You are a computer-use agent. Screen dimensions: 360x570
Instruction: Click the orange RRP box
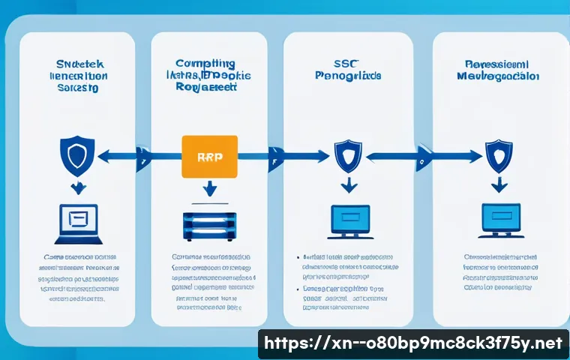point(209,157)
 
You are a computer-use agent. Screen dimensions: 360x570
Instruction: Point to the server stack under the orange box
point(209,225)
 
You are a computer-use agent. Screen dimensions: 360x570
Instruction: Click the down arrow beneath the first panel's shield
point(76,187)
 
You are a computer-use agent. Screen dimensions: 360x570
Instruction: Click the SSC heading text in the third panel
point(346,64)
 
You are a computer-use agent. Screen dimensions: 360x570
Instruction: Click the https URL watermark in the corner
point(413,343)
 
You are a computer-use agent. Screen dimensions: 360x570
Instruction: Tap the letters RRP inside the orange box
point(209,157)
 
